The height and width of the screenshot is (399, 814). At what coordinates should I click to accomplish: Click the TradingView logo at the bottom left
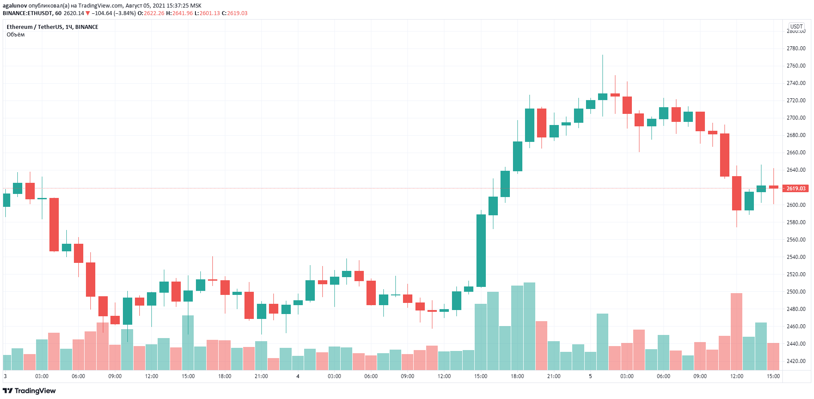tap(29, 391)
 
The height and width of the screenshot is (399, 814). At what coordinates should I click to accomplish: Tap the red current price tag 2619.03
tap(796, 188)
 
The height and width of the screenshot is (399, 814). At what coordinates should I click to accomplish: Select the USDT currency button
tap(796, 26)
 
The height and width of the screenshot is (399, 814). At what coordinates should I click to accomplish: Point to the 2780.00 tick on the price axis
tap(796, 48)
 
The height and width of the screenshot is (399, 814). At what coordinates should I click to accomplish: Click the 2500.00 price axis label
tap(796, 291)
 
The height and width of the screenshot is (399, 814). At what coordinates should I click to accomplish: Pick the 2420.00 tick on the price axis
tap(796, 361)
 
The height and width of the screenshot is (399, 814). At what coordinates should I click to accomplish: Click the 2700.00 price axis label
tap(796, 117)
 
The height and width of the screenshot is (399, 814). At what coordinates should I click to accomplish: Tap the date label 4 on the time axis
tap(298, 376)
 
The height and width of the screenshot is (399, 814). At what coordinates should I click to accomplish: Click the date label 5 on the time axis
tap(590, 376)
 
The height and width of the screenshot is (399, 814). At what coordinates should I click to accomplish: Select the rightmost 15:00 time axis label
tap(773, 376)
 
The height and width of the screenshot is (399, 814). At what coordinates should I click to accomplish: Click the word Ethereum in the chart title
tap(20, 27)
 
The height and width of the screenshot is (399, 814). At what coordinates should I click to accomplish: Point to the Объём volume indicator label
tap(16, 35)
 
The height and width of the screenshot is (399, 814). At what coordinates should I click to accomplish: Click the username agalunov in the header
tap(15, 6)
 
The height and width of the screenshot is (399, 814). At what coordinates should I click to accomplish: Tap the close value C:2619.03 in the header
tap(235, 13)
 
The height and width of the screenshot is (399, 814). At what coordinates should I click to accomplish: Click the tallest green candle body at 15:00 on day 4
tap(481, 250)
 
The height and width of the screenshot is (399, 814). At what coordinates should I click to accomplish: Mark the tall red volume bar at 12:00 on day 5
tap(736, 331)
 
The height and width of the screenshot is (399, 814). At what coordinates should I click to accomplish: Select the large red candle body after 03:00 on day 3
tap(54, 224)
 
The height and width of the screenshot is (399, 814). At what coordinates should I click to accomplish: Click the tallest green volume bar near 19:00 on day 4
tap(529, 326)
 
